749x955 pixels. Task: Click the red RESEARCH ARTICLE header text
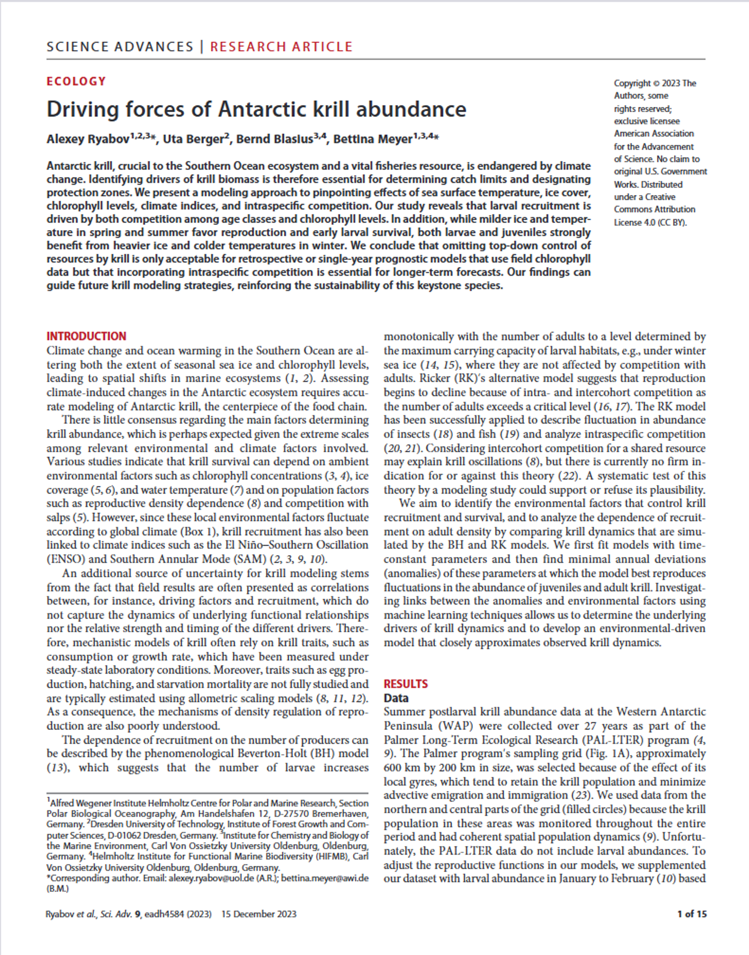click(281, 46)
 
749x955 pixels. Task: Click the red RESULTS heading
click(406, 684)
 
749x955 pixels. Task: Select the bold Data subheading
click(396, 698)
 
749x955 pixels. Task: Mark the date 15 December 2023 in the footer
click(259, 914)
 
